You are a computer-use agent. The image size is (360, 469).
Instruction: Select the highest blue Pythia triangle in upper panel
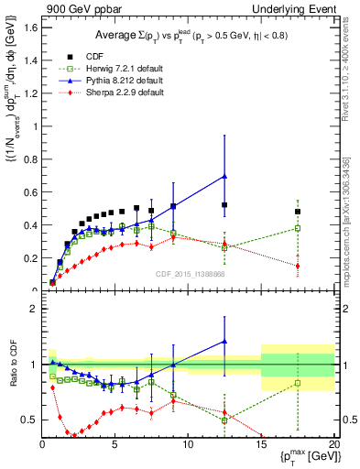pos(224,176)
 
